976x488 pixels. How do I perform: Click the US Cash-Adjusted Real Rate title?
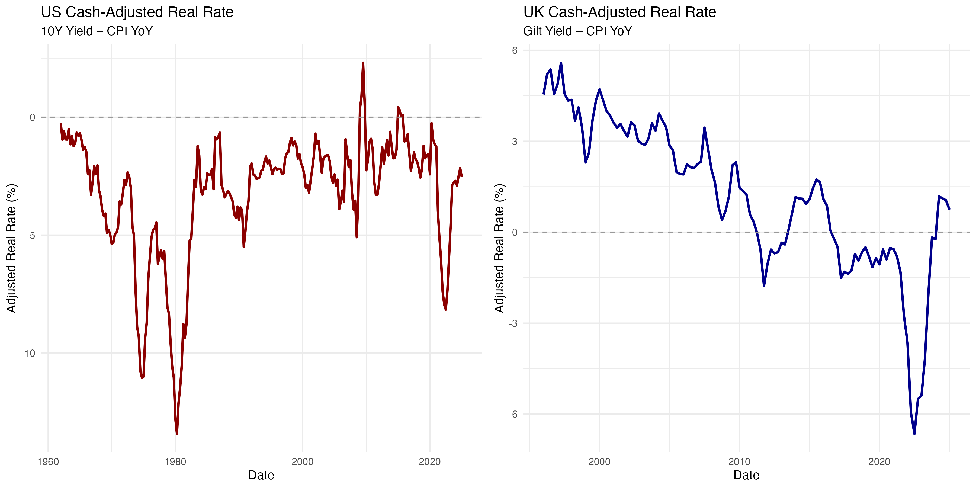(137, 12)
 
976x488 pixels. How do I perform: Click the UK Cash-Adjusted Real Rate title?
(619, 12)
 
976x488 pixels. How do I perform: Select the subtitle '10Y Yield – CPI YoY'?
(97, 31)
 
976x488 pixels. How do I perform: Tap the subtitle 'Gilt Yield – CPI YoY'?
(577, 31)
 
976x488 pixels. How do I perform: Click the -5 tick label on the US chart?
(30, 236)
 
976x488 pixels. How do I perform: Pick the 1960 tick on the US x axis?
(48, 462)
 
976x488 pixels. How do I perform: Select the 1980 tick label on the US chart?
(175, 462)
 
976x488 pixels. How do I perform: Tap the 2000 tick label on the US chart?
(302, 462)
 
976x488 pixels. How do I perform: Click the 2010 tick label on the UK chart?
(739, 462)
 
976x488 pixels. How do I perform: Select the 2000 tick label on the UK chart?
(599, 462)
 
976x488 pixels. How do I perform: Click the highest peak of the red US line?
(363, 63)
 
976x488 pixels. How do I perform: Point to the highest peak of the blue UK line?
(561, 63)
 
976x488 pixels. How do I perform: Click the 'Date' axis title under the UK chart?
(746, 475)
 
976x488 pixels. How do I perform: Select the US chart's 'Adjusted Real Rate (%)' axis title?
(11, 248)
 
